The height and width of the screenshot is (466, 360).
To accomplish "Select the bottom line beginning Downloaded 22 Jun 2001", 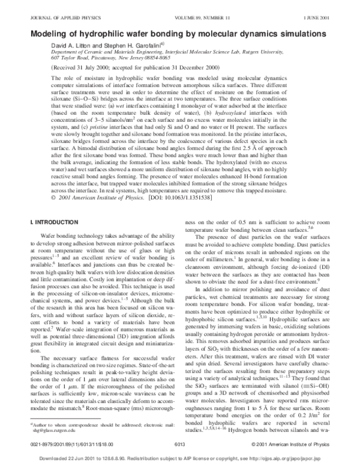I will point(179,458).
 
